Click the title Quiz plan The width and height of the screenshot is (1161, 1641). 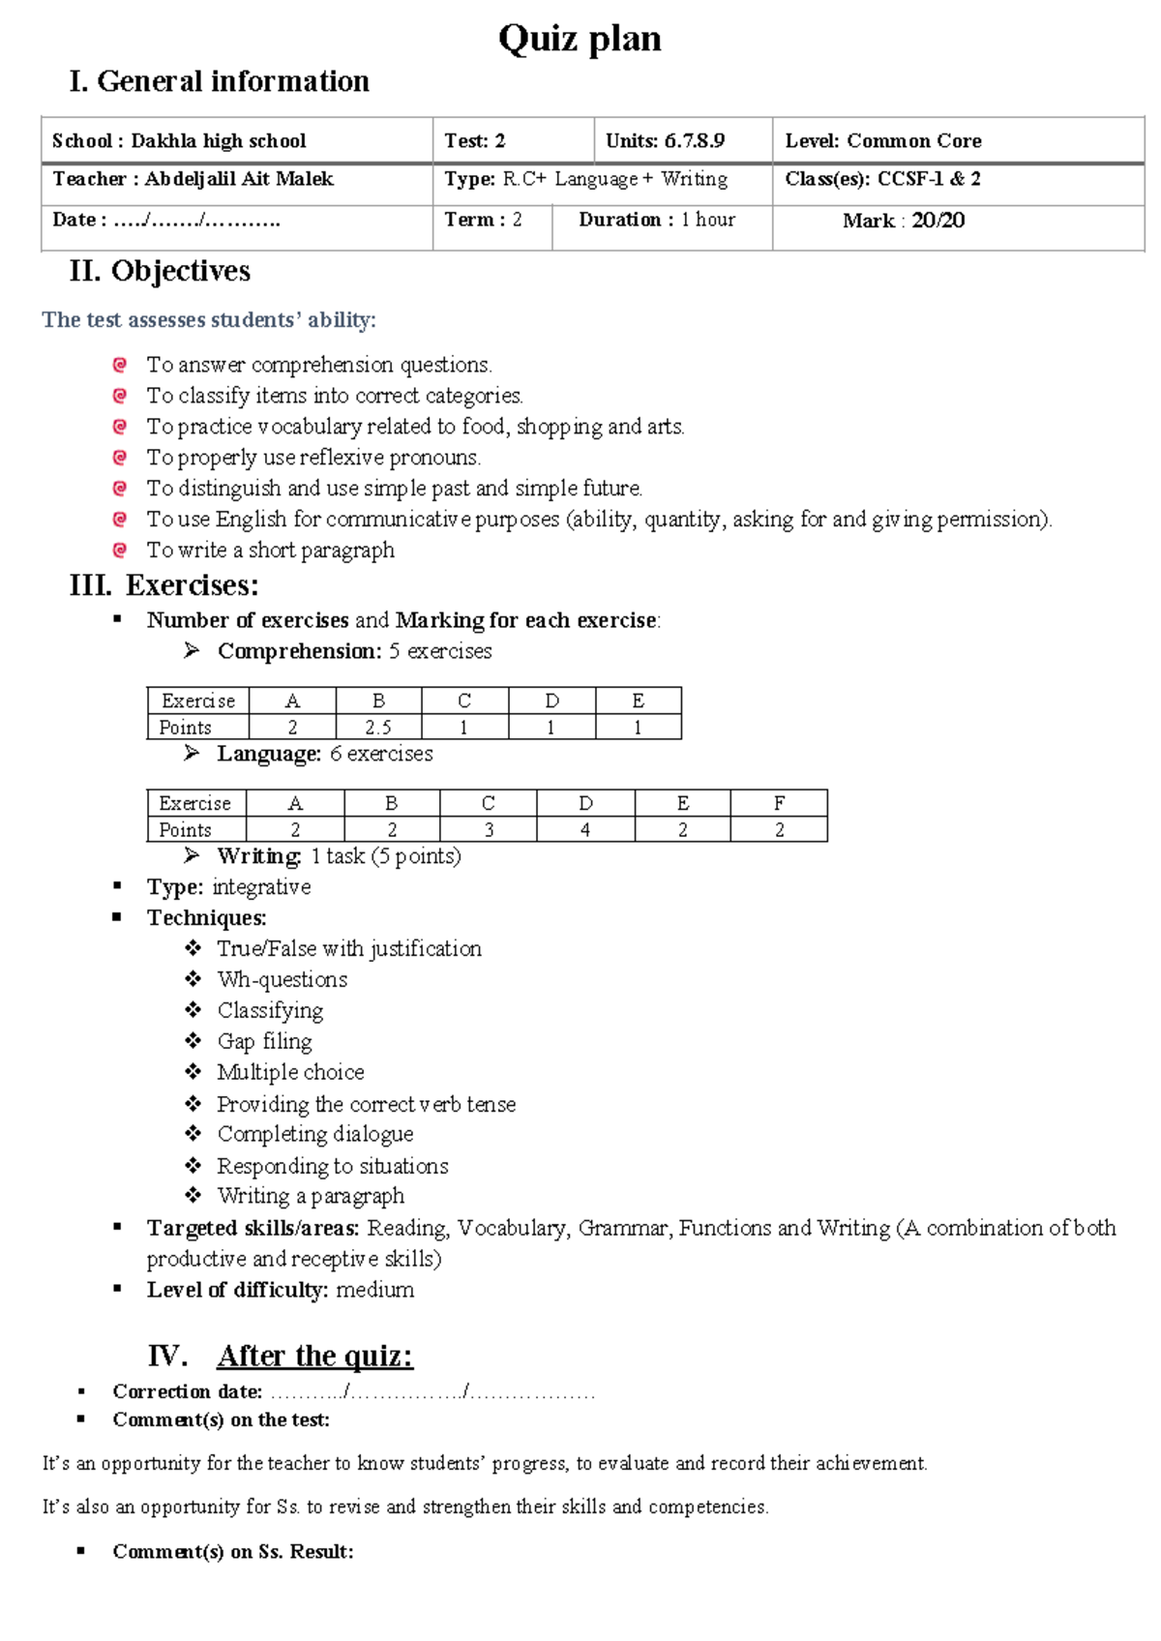tap(580, 39)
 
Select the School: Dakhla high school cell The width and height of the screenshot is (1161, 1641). tap(179, 141)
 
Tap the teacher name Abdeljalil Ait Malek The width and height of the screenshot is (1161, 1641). tap(239, 179)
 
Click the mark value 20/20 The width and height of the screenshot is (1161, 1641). tap(938, 221)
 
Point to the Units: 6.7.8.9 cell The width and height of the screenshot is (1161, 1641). tap(665, 141)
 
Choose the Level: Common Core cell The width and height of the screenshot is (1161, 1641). tap(883, 141)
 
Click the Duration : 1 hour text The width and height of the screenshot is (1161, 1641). tap(657, 221)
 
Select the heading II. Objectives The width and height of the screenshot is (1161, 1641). tap(160, 271)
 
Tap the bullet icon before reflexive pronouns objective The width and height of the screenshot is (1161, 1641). tap(120, 457)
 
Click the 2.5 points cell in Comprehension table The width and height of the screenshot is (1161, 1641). tap(378, 728)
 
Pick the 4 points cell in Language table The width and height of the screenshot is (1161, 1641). tap(585, 830)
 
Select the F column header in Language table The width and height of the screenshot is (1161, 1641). tap(779, 803)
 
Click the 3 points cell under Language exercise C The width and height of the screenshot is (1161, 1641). tap(489, 830)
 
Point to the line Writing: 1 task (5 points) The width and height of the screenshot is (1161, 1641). tap(339, 856)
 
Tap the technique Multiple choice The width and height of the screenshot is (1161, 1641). tap(290, 1072)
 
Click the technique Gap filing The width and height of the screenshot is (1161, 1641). tap(264, 1041)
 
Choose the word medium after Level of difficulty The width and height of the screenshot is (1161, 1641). tap(374, 1290)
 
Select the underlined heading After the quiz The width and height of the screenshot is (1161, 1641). tap(314, 1356)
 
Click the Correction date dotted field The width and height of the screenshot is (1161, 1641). tap(432, 1392)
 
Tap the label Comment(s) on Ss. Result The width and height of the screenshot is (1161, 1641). tap(232, 1552)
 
